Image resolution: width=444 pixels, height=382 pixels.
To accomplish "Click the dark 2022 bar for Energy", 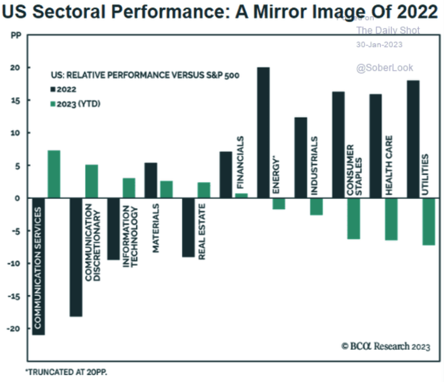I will coord(263,132).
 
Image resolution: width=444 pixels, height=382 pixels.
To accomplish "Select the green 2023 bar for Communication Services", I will coord(54,174).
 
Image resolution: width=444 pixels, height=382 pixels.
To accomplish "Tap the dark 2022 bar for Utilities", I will coord(413,139).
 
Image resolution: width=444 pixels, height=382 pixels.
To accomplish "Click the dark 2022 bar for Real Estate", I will coord(188,227).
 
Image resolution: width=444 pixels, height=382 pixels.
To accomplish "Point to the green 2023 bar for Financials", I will coord(241,195).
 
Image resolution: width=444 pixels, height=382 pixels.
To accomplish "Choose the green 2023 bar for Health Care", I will coord(392,219).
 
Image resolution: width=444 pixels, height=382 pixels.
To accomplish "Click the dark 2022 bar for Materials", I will coord(151,180).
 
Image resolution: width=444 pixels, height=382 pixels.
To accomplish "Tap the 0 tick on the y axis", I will coord(17,198).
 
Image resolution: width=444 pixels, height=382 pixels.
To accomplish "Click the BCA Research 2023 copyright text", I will coord(385,346).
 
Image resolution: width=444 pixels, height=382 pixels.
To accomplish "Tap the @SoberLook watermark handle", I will coord(385,68).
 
